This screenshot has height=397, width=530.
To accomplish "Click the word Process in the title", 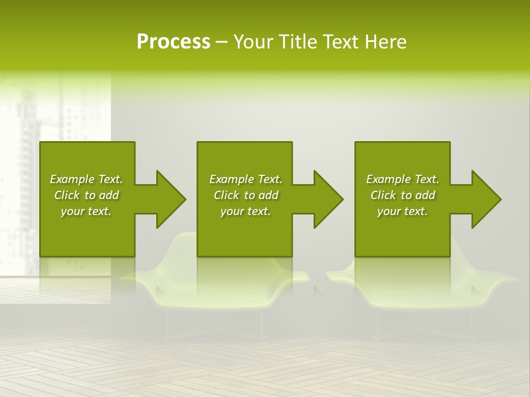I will [173, 42].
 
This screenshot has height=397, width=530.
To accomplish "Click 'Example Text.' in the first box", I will [86, 179].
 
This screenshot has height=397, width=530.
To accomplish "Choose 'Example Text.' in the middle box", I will [246, 179].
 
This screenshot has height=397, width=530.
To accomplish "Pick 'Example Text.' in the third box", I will [402, 179].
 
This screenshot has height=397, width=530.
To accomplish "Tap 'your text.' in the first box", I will [86, 211].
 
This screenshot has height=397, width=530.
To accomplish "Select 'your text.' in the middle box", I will [246, 211].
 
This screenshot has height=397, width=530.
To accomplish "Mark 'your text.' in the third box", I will [402, 211].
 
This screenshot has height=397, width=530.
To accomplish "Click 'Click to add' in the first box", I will [86, 195].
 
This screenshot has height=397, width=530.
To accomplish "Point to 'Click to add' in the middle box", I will [246, 195].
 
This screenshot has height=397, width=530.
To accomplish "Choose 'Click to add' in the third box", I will [402, 195].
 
